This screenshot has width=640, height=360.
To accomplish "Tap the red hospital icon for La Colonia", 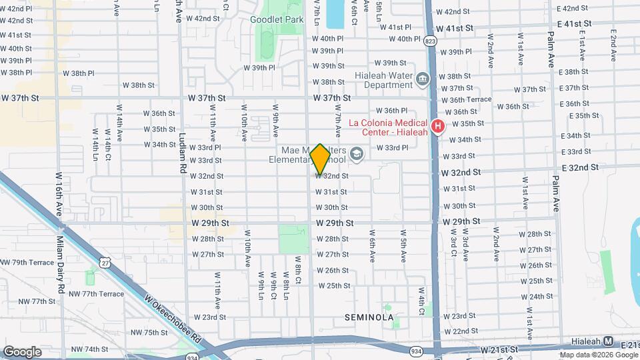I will pyautogui.click(x=438, y=125).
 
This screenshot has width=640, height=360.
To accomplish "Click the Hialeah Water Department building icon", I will pyautogui.click(x=423, y=81).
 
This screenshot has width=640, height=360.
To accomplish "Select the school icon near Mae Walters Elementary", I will pyautogui.click(x=357, y=155).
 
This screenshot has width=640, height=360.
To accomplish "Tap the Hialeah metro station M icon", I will pyautogui.click(x=608, y=341).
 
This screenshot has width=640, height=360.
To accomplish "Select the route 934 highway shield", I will pyautogui.click(x=415, y=351).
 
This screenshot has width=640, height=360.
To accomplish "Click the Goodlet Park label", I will pyautogui.click(x=277, y=20).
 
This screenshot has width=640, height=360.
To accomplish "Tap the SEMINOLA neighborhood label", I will pyautogui.click(x=369, y=317).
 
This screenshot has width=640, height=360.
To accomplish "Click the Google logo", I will pyautogui.click(x=23, y=351).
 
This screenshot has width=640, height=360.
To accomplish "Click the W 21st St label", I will pyautogui.click(x=499, y=349).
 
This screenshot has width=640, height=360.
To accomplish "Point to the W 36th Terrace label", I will pyautogui.click(x=467, y=100).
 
